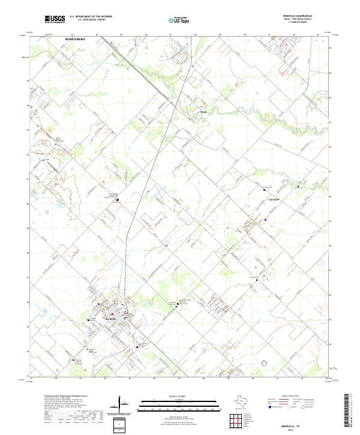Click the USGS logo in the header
(55, 19)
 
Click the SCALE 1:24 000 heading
(163, 395)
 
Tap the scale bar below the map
(164, 403)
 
